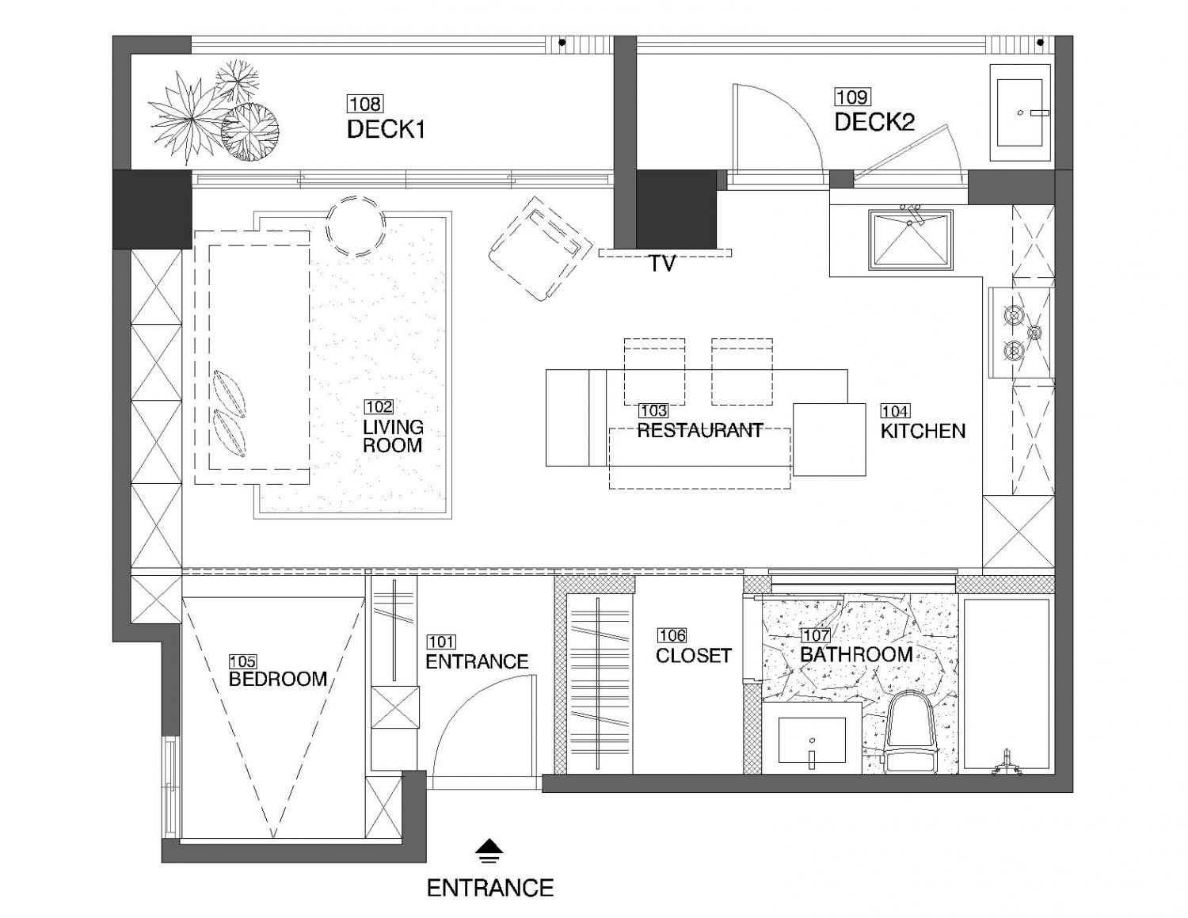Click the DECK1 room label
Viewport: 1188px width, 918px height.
click(386, 130)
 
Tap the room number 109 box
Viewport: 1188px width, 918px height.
click(852, 97)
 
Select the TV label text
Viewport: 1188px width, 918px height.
click(661, 264)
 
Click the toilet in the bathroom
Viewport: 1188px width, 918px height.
click(908, 732)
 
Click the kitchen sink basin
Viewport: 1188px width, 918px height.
click(909, 240)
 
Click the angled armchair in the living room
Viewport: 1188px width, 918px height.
click(540, 249)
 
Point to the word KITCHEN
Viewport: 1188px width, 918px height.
click(923, 431)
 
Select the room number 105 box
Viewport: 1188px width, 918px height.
click(242, 661)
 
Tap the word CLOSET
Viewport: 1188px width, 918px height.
click(693, 656)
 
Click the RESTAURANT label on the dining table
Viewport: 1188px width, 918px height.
click(700, 430)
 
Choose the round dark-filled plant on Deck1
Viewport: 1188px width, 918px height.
click(250, 132)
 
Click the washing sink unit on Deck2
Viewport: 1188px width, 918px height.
click(1020, 112)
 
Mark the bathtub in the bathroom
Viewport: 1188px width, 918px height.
click(1006, 686)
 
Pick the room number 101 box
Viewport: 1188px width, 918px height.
click(440, 642)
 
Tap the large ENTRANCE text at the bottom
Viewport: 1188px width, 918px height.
click(489, 888)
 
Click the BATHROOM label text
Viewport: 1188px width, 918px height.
click(856, 654)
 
